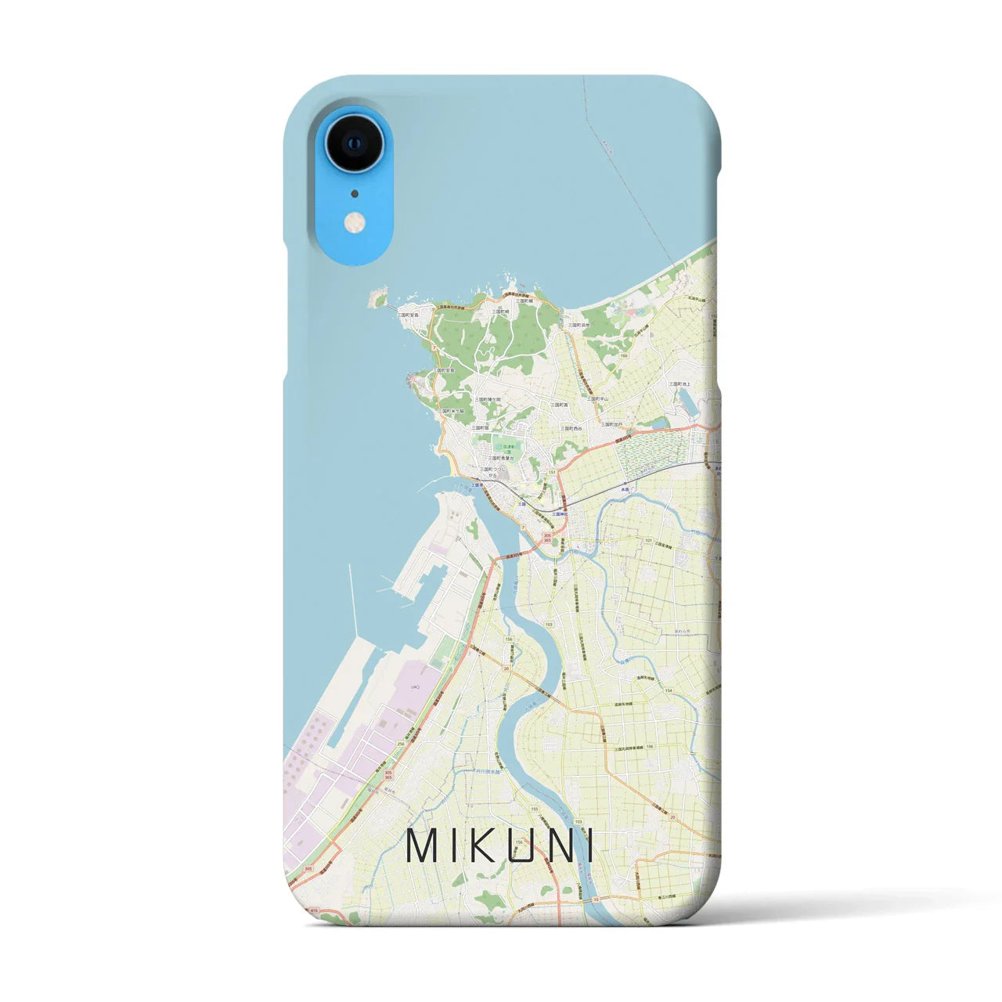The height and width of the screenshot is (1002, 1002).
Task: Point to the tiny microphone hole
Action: pos(355,193)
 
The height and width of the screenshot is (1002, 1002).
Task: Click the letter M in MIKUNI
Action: pos(424,845)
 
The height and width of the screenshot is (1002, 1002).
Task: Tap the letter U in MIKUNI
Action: pos(530,845)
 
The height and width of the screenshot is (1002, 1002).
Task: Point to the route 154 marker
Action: pos(669,690)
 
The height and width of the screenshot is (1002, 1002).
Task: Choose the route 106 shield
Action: pos(650,747)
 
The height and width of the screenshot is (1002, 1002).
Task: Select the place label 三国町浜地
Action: pos(578,325)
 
